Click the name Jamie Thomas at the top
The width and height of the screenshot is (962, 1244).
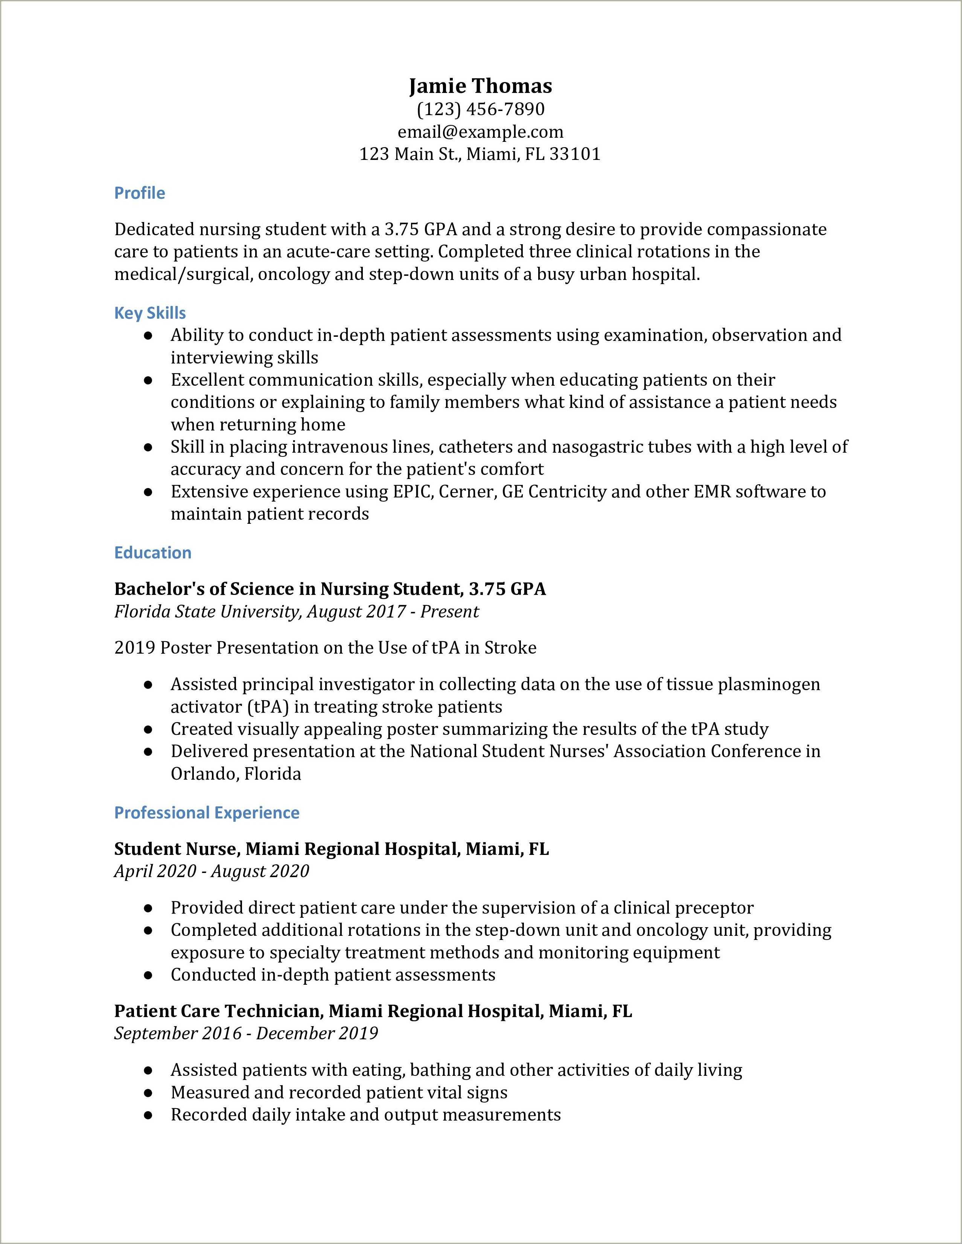[480, 86]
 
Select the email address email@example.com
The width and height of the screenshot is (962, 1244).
[480, 132]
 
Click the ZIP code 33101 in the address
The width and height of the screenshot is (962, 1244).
[575, 154]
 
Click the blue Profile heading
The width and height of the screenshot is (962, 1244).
[140, 193]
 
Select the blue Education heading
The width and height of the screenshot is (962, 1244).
[153, 552]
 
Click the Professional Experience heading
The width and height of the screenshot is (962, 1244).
[207, 812]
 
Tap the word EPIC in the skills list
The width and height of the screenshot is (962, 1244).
[414, 491]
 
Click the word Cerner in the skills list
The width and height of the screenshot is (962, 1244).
[467, 491]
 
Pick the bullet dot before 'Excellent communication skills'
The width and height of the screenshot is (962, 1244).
[148, 380]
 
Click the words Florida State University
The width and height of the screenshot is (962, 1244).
[207, 612]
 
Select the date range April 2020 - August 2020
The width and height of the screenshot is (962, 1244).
[211, 871]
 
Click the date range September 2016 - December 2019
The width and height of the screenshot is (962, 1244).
[246, 1033]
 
